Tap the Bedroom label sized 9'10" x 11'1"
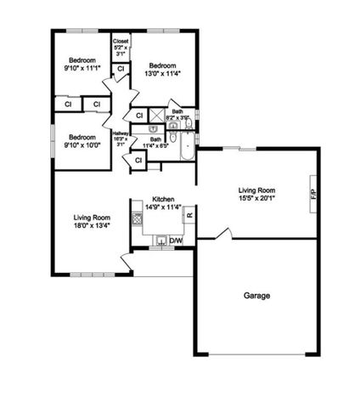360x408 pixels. click(x=82, y=62)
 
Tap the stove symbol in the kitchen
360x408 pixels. click(x=137, y=218)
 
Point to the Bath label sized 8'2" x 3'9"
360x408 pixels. click(x=177, y=115)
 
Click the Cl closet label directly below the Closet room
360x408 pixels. click(x=121, y=69)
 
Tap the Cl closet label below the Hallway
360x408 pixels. click(x=138, y=160)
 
